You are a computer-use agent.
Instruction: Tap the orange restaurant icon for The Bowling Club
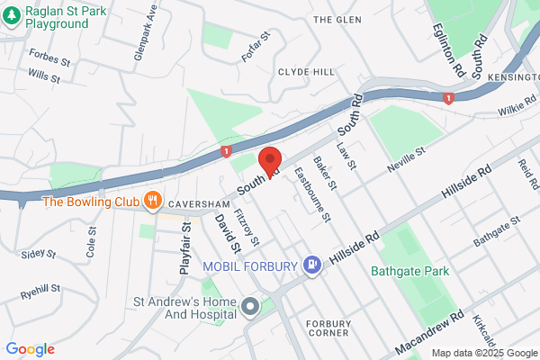click(x=154, y=201)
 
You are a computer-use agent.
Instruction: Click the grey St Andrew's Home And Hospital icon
click(x=250, y=308)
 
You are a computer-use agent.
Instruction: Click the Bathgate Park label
click(x=405, y=269)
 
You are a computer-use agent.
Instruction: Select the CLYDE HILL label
click(x=306, y=72)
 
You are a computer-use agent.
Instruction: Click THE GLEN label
click(x=337, y=19)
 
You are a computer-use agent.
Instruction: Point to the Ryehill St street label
click(x=40, y=292)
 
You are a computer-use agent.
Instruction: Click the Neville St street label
click(x=406, y=166)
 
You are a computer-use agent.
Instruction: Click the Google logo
click(x=30, y=349)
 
